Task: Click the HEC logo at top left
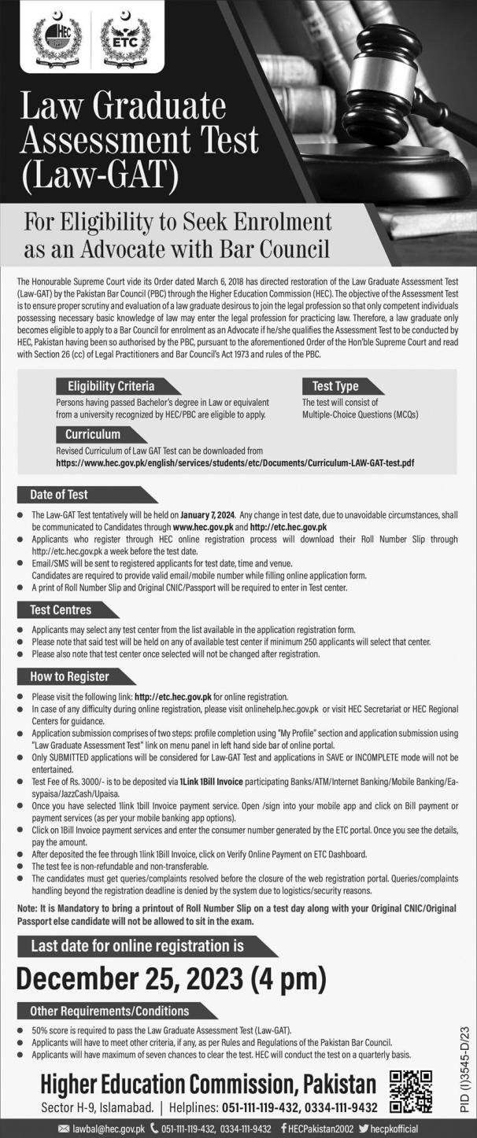coord(57,44)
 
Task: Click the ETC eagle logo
coord(125,44)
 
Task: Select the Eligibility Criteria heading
coord(110,386)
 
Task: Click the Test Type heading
coord(335,386)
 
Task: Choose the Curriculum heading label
coord(93,434)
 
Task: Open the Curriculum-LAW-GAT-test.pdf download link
coord(235,463)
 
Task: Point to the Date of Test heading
coord(59,495)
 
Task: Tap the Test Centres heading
coord(61,610)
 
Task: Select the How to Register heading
coord(69,676)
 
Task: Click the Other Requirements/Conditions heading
coord(115,1011)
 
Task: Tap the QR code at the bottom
coord(411,1092)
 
